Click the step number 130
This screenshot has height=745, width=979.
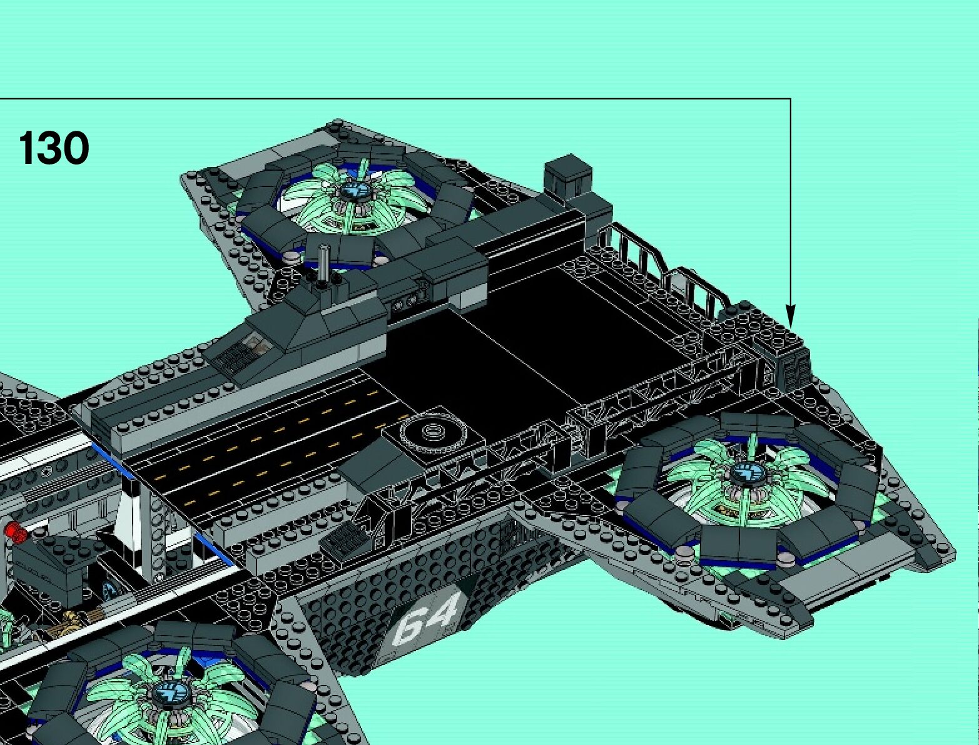(x=54, y=148)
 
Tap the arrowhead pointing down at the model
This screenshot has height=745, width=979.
(x=790, y=316)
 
